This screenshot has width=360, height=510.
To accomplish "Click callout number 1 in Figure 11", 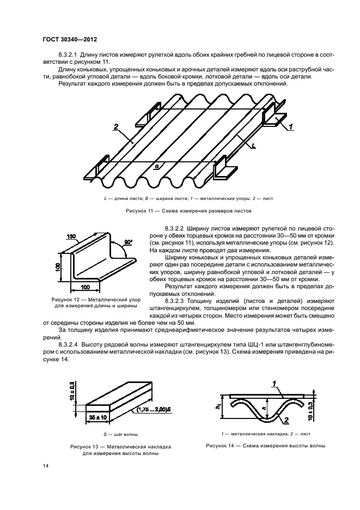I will click(291, 127).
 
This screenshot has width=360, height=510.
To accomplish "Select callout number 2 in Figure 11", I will click(116, 127).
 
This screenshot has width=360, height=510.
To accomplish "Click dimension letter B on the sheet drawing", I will click(157, 168).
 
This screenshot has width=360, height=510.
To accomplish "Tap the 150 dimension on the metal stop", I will click(71, 237).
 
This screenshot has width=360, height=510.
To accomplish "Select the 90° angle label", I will click(129, 241).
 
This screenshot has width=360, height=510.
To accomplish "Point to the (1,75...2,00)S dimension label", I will click(153, 409).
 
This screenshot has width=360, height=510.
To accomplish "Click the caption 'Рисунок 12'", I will click(67, 300).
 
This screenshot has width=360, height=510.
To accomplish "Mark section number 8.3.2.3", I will click(175, 300).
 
